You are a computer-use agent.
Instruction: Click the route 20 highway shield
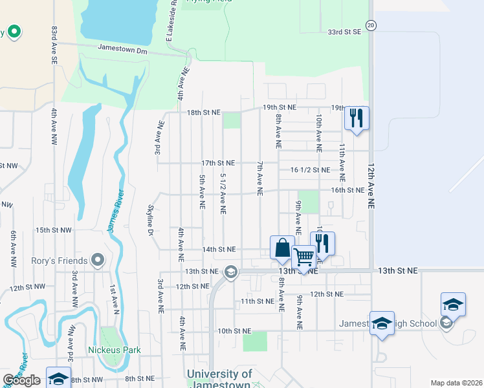(370, 25)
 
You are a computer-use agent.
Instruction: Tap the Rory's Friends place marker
(98, 261)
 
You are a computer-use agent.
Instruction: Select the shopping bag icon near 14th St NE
(282, 248)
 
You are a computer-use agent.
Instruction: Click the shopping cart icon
(303, 257)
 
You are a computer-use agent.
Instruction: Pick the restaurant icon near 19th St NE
(357, 118)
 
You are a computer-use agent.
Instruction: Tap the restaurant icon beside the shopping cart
(322, 244)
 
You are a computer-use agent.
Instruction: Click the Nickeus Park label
(115, 350)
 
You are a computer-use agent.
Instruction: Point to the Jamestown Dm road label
(123, 48)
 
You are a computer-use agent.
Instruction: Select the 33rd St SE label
(344, 32)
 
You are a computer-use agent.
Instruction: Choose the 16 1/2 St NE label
(311, 170)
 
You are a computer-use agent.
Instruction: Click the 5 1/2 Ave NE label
(223, 193)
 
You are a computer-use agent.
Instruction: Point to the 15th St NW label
(54, 230)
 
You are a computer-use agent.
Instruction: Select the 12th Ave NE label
(372, 184)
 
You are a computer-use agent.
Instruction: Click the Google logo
(22, 380)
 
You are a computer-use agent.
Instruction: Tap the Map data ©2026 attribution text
(456, 383)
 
